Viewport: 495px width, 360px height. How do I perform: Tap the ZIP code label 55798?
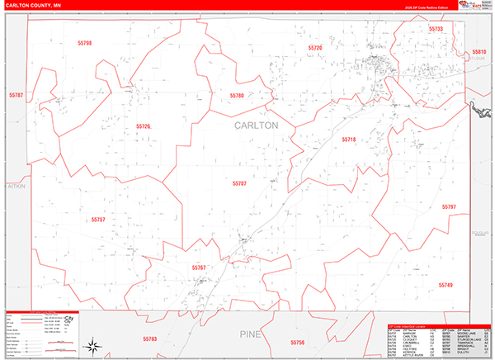[x=84, y=43]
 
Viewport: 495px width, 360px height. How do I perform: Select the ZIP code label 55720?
[x=315, y=49]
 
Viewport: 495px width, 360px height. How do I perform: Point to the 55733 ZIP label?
[x=436, y=29]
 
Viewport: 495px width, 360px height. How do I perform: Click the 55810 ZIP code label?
[x=479, y=52]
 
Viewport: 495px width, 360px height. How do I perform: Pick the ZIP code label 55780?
[x=238, y=96]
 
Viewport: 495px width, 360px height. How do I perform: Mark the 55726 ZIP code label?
[x=144, y=126]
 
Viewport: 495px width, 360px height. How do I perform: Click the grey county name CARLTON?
[x=257, y=126]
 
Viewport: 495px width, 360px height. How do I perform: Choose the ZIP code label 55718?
[x=349, y=140]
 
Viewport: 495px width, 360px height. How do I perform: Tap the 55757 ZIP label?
[x=98, y=220]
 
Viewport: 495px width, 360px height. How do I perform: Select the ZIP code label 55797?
[x=449, y=206]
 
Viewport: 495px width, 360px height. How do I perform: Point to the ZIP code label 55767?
[x=199, y=268]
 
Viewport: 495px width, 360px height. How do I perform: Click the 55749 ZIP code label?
[x=446, y=285]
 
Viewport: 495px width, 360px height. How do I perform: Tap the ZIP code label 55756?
[x=298, y=342]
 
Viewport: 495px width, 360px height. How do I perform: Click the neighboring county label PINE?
[x=250, y=334]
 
